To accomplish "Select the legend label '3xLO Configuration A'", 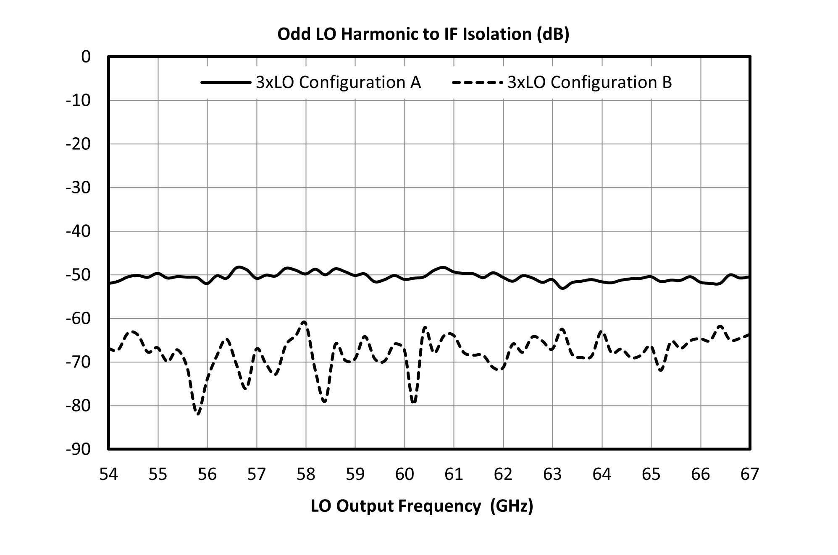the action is pyautogui.click(x=338, y=82).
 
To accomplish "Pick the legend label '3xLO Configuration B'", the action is pyautogui.click(x=590, y=82).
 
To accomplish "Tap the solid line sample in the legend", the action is pyautogui.click(x=226, y=83).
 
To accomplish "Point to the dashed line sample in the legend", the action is pyautogui.click(x=478, y=83).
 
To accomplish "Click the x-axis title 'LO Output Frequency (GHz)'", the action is pyautogui.click(x=422, y=506).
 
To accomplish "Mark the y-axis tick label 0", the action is pyautogui.click(x=86, y=57).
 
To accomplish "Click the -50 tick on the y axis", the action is pyautogui.click(x=78, y=275).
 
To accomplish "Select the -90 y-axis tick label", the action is pyautogui.click(x=78, y=449).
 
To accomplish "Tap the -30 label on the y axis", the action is pyautogui.click(x=78, y=188).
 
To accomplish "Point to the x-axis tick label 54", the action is pyautogui.click(x=108, y=474).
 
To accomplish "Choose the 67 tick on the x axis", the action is pyautogui.click(x=750, y=474).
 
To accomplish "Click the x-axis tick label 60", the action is pyautogui.click(x=405, y=474).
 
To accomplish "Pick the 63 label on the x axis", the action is pyautogui.click(x=552, y=474).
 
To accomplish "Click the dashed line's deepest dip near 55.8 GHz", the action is pyautogui.click(x=198, y=414).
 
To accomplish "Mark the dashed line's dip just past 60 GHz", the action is pyautogui.click(x=414, y=402).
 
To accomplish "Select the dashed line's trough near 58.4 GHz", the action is pyautogui.click(x=324, y=401).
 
